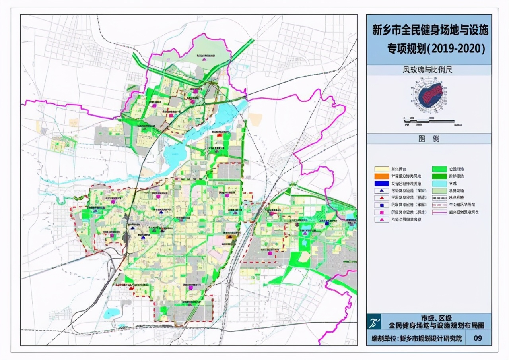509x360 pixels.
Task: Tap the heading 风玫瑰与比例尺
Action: pyautogui.click(x=429, y=70)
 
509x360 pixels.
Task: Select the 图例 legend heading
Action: pyautogui.click(x=429, y=139)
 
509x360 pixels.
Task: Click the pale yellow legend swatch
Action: pyautogui.click(x=382, y=169)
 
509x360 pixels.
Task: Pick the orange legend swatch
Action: pyautogui.click(x=382, y=176)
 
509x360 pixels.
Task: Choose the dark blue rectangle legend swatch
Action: pyautogui.click(x=382, y=184)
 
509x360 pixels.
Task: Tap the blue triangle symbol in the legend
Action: pyautogui.click(x=382, y=191)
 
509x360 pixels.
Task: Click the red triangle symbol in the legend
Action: pyautogui.click(x=382, y=198)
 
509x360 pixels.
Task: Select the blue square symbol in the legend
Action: pyautogui.click(x=382, y=205)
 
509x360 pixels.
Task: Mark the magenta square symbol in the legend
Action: pyautogui.click(x=382, y=212)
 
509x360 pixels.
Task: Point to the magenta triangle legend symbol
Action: pyautogui.click(x=382, y=219)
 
